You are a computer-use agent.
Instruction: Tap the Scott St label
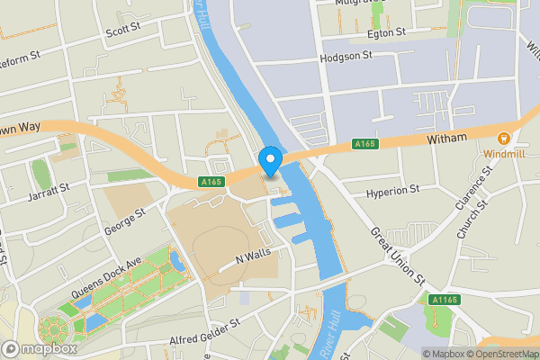tap(123, 30)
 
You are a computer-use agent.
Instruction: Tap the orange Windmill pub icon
tap(503, 139)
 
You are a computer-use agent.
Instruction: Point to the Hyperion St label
tap(393, 191)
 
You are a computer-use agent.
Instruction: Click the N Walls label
tap(252, 256)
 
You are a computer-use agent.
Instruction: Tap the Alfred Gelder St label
tap(205, 333)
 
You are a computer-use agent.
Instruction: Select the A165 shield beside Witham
tap(364, 144)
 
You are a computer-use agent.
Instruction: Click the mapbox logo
tap(39, 348)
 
